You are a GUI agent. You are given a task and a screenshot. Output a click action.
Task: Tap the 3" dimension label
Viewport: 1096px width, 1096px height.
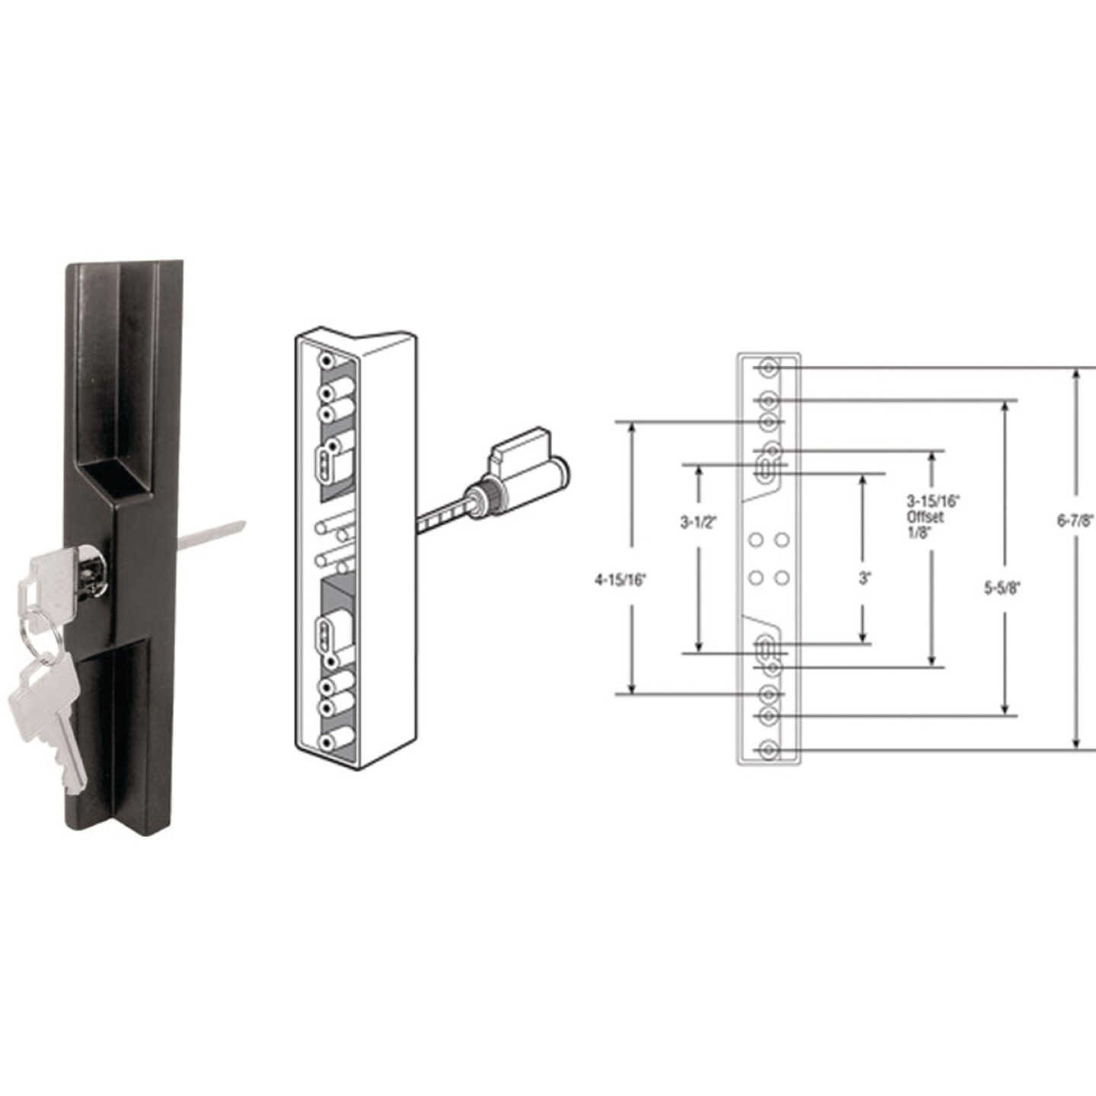864,578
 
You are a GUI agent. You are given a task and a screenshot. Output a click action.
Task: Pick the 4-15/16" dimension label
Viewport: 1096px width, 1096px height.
620,580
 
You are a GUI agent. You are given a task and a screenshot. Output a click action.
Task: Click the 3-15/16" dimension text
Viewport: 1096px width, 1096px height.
933,501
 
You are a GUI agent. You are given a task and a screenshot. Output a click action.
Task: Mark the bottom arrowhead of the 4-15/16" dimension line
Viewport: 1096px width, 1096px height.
631,687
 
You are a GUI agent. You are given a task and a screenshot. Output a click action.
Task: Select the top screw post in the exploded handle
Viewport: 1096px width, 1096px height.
328,361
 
